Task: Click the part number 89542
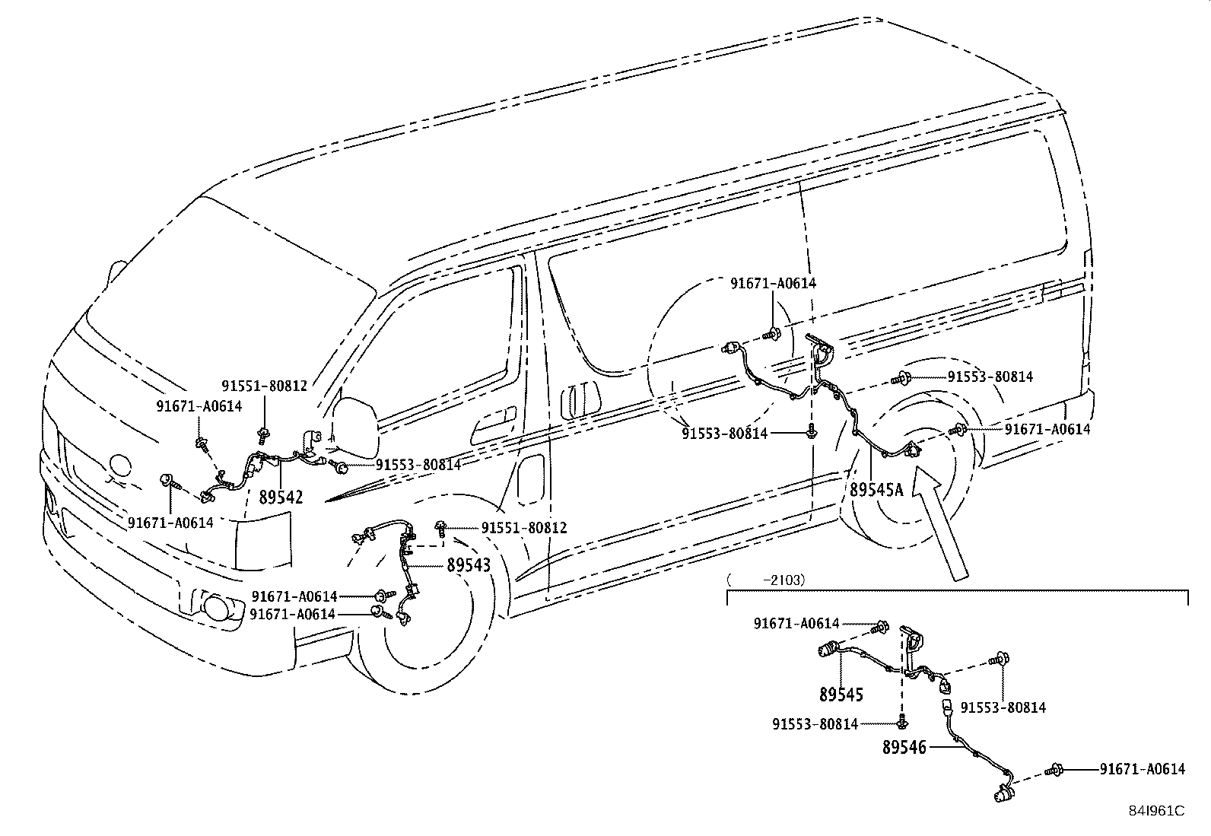(281, 497)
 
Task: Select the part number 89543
(468, 566)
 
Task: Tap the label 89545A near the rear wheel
(876, 489)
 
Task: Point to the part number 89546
(904, 747)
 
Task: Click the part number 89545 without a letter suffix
(841, 695)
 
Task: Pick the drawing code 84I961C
(1156, 811)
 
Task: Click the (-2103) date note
(766, 580)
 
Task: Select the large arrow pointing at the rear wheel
(939, 523)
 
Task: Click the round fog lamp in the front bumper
(217, 607)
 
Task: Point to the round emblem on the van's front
(119, 466)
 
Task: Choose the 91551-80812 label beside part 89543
(524, 528)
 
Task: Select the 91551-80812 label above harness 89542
(265, 386)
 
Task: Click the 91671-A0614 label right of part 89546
(1143, 769)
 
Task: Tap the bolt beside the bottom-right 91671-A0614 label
(1054, 770)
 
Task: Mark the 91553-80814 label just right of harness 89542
(418, 465)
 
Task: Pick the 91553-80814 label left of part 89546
(815, 724)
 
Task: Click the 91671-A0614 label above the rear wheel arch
(773, 283)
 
